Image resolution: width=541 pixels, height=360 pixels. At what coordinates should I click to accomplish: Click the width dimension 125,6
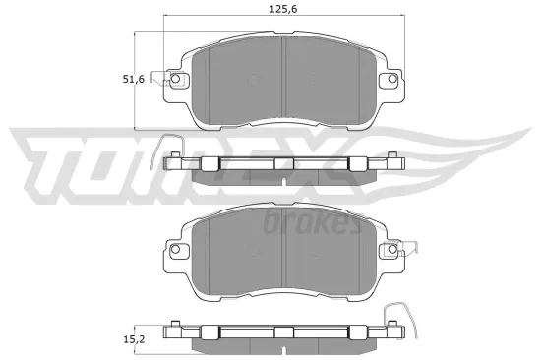[283, 11]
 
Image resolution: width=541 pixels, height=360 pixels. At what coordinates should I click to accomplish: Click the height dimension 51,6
[146, 81]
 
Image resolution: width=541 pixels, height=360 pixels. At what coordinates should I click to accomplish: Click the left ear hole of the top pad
[175, 80]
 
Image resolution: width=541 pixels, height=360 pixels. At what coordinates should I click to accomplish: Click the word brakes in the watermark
[312, 224]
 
